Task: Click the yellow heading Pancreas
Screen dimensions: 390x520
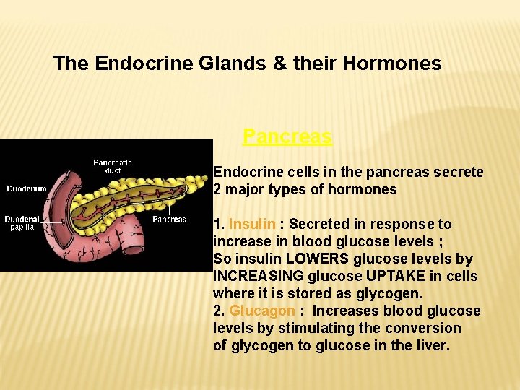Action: point(287,136)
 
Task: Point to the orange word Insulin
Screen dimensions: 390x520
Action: point(252,224)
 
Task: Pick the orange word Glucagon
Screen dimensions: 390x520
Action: point(262,311)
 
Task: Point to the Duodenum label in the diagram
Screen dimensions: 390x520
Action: point(27,189)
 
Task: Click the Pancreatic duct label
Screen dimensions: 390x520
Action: point(113,167)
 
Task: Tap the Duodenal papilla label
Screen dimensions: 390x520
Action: point(22,222)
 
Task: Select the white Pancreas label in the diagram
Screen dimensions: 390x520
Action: point(169,219)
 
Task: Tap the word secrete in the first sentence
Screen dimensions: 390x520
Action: point(459,172)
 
